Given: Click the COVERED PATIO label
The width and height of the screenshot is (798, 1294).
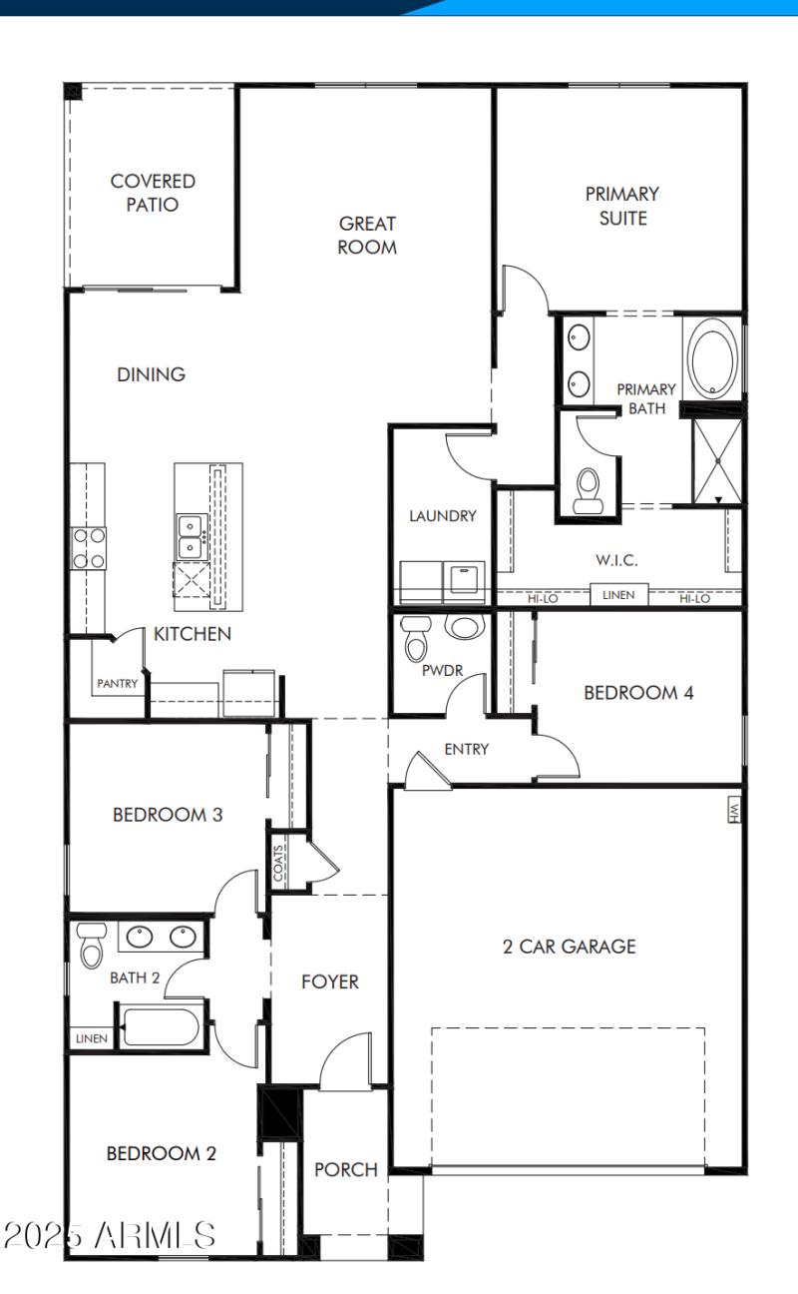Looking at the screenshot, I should pyautogui.click(x=153, y=193).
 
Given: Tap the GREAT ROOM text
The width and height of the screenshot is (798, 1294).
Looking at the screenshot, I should pyautogui.click(x=367, y=236).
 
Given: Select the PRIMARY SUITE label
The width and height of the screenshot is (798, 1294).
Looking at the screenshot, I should pyautogui.click(x=621, y=206).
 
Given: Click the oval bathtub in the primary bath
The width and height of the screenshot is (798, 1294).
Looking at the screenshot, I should pyautogui.click(x=713, y=357).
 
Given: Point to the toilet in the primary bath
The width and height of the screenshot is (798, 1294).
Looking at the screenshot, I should pyautogui.click(x=588, y=490).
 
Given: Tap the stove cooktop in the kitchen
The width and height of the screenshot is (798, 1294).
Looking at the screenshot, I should pyautogui.click(x=89, y=548).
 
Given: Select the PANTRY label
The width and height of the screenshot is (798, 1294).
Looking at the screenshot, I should pyautogui.click(x=118, y=684).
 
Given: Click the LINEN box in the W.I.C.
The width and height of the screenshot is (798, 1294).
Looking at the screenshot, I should pyautogui.click(x=618, y=595).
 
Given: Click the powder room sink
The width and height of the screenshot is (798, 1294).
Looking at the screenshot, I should pyautogui.click(x=464, y=627).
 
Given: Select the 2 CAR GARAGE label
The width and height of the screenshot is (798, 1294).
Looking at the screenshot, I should pyautogui.click(x=569, y=947).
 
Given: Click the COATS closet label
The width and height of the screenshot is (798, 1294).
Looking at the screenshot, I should pyautogui.click(x=278, y=860).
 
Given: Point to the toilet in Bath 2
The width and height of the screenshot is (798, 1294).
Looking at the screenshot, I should pyautogui.click(x=92, y=944).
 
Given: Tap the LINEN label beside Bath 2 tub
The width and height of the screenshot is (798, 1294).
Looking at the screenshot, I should pyautogui.click(x=90, y=1038).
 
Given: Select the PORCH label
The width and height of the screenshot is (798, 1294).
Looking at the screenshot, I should pyautogui.click(x=346, y=1169).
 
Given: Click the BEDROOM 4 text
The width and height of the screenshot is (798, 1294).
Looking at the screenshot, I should pyautogui.click(x=638, y=693).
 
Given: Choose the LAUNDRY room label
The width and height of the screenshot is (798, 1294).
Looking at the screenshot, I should pyautogui.click(x=442, y=516).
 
